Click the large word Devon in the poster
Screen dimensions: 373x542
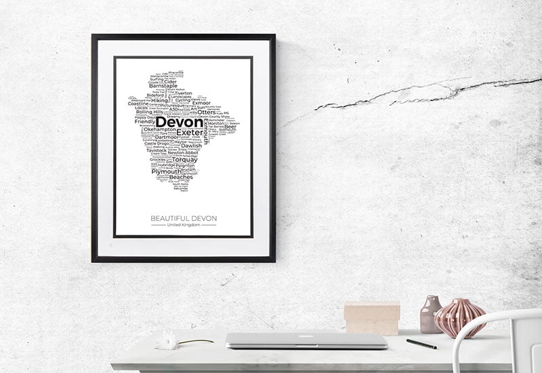tap(179, 122)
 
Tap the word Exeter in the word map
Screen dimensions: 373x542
tap(189, 132)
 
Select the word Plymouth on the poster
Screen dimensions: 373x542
tap(167, 172)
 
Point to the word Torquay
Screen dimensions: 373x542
tap(184, 159)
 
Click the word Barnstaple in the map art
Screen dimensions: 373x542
tap(163, 86)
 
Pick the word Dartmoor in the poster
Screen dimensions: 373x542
tap(166, 137)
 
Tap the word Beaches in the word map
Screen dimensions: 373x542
tap(181, 178)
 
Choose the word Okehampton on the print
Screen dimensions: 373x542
tap(160, 130)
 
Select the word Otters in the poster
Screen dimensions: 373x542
tap(207, 113)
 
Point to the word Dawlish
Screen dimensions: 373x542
tap(192, 145)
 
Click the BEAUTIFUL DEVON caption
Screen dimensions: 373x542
tap(184, 218)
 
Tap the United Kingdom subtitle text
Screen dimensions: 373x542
tap(184, 225)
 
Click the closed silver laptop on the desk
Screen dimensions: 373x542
tap(306, 340)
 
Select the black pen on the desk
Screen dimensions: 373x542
tap(421, 344)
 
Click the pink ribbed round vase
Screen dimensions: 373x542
tap(459, 317)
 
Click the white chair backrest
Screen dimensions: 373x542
tap(501, 322)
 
